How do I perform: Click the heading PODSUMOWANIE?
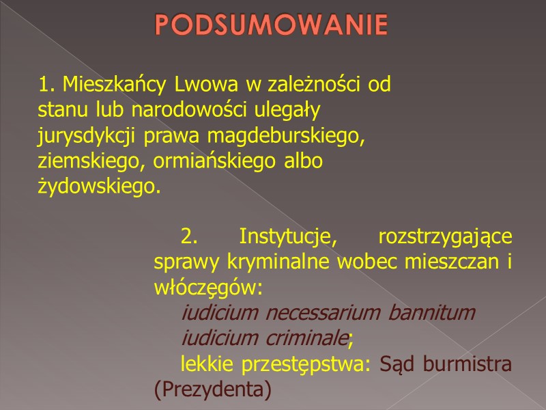pos(271,25)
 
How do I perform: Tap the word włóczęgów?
pos(207,287)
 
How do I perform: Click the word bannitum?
pos(431,313)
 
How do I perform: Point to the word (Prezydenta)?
pos(213,389)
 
